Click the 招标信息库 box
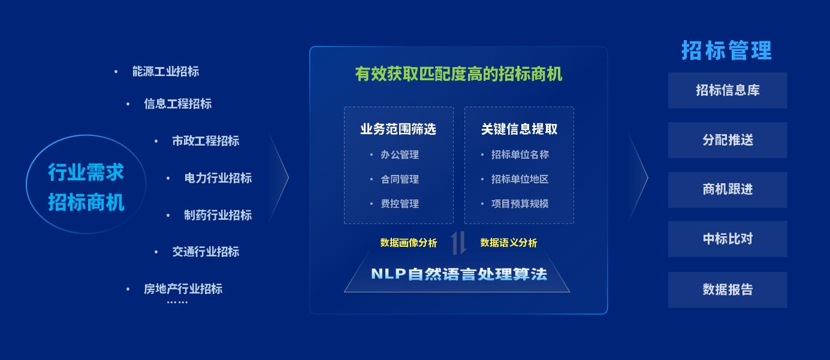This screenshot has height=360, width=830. pos(728,90)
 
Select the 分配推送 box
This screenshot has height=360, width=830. pos(728,140)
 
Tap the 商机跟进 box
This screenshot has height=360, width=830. pos(728,190)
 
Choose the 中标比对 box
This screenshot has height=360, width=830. pos(728,239)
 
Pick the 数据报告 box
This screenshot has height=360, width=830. pos(728,290)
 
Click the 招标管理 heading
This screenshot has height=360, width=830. pos(726,50)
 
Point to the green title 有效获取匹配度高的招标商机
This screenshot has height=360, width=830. pos(458,74)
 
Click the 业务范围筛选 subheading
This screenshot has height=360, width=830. pos(399,129)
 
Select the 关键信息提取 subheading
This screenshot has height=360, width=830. pos(519,129)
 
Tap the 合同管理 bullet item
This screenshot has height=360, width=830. pos(400,179)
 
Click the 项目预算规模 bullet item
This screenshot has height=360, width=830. pos(520,204)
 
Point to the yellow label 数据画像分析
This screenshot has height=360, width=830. pos(409,243)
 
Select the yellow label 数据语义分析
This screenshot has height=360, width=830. pos(509,243)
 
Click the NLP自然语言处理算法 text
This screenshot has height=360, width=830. pos(459,274)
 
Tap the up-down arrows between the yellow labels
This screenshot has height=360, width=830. pos(458,243)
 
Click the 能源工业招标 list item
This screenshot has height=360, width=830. pos(165,71)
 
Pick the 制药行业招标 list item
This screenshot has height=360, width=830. pos(218,215)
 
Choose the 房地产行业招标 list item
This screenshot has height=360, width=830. pos(183,289)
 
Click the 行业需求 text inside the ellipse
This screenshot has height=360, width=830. pos(86,173)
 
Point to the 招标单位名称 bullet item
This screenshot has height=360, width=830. pos(520,155)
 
